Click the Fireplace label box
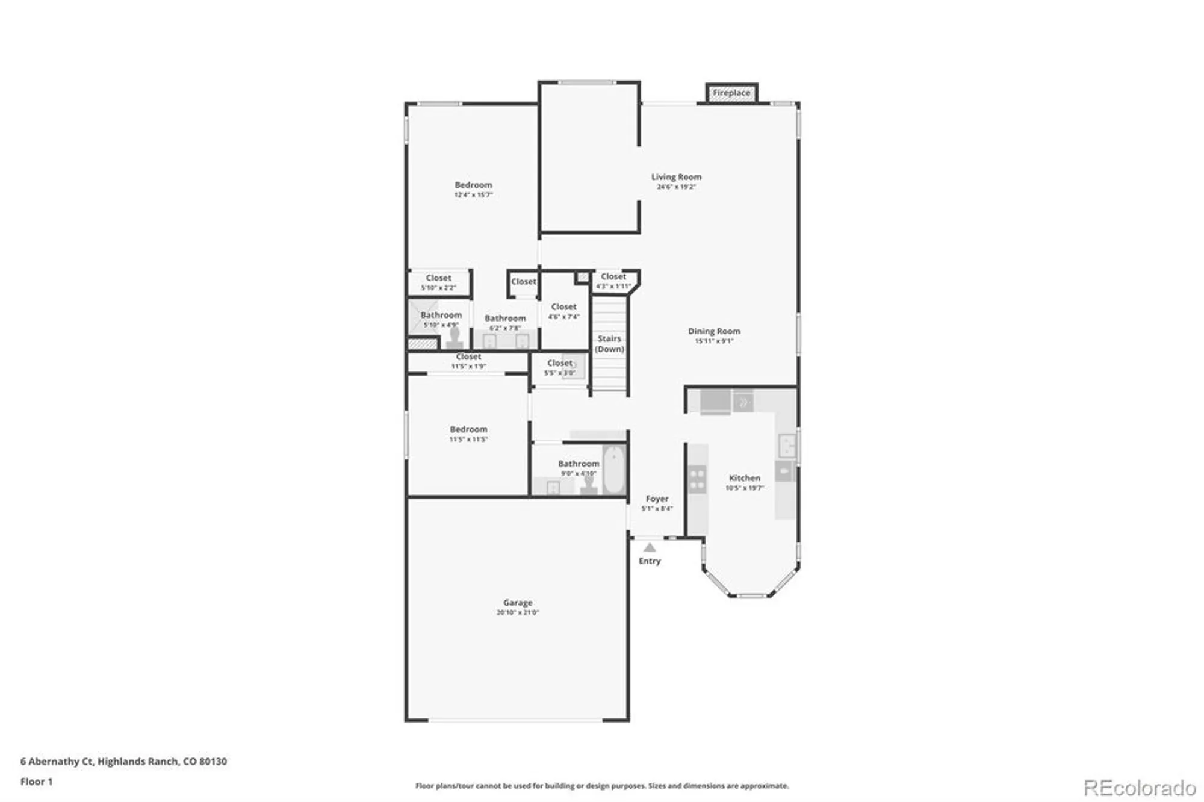coord(731,93)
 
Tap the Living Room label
coord(676,177)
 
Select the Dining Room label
coord(714,331)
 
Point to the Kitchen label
coord(745,478)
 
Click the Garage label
coord(518,603)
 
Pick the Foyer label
coord(657,499)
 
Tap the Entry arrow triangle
coord(650,548)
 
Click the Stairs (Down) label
coord(609,344)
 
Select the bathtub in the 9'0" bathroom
coord(613,470)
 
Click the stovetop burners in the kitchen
coord(697,479)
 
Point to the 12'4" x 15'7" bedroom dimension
coord(473,195)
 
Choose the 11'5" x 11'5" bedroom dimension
coord(468,440)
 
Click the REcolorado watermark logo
coord(1140,788)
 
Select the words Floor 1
coord(37,782)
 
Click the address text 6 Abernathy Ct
coord(57,761)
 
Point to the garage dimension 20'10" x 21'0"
coord(518,612)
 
